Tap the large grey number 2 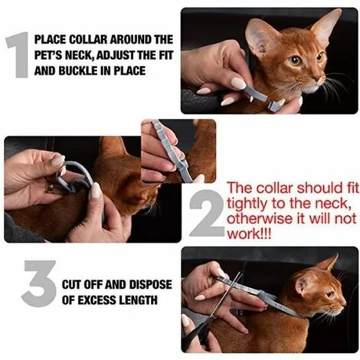206,212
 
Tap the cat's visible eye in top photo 295,59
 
